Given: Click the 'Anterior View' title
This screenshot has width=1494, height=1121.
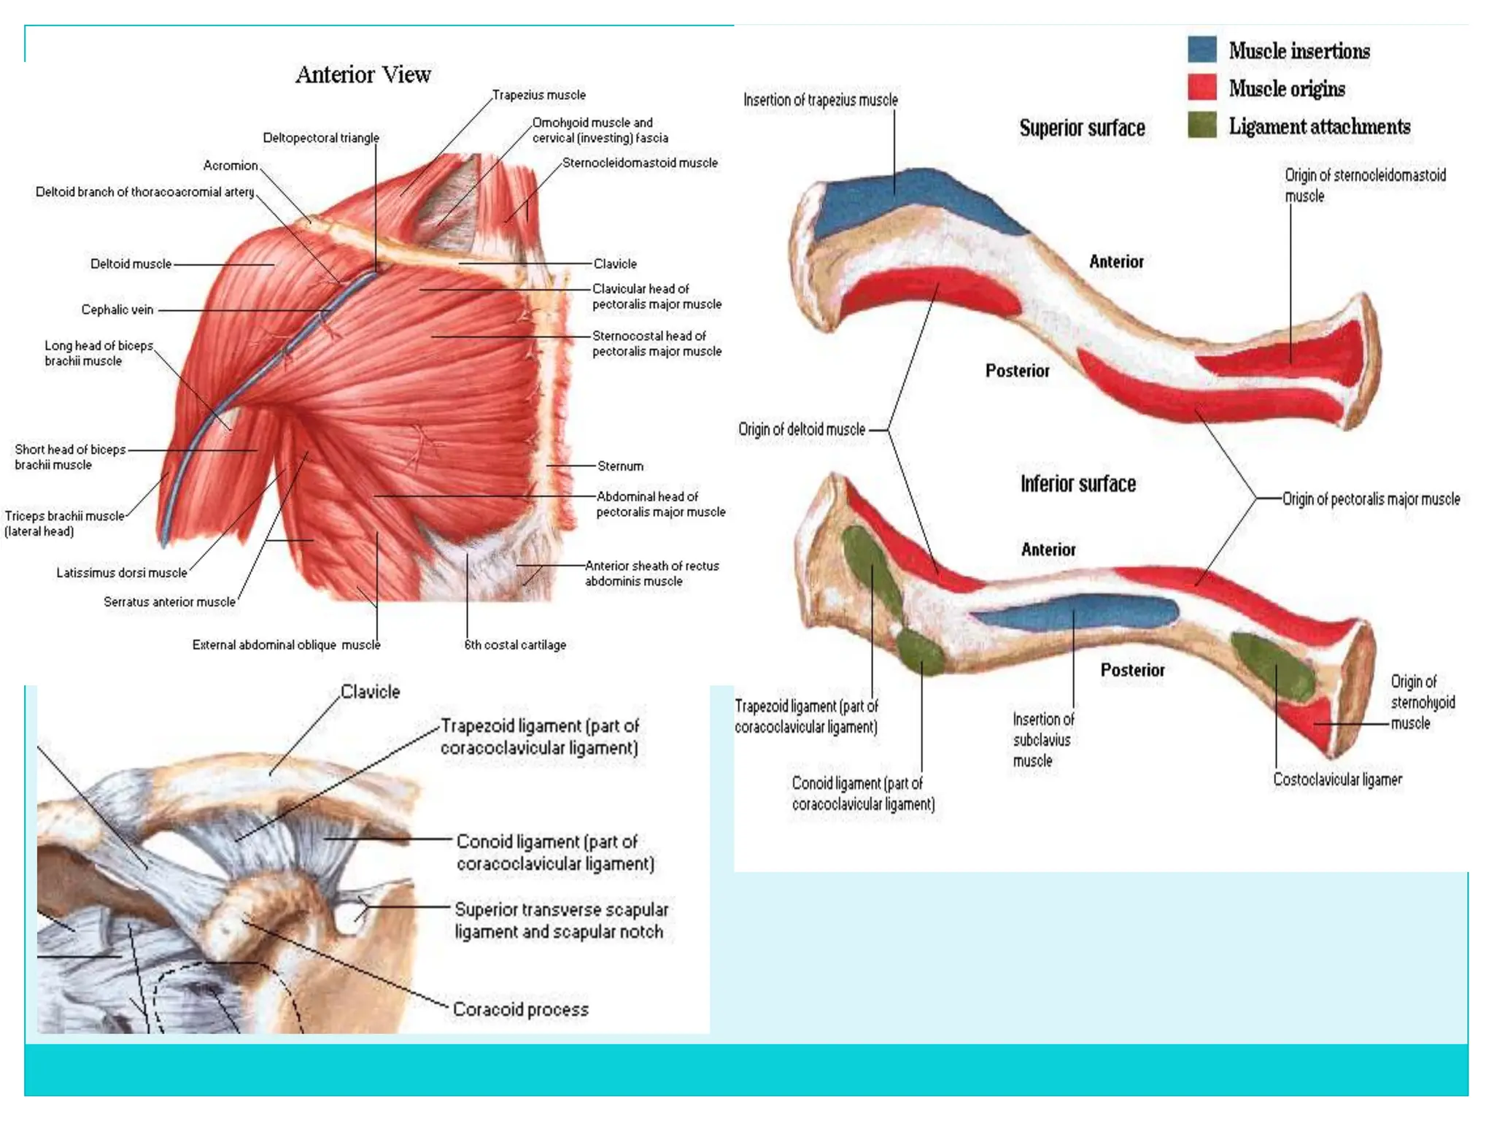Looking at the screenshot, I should pyautogui.click(x=363, y=74).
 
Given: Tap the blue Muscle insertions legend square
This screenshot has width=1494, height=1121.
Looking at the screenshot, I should pyautogui.click(x=1201, y=50).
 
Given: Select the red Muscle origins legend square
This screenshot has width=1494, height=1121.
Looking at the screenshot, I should pyautogui.click(x=1201, y=88).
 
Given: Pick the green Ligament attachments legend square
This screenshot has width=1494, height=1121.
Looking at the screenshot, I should pyautogui.click(x=1201, y=126).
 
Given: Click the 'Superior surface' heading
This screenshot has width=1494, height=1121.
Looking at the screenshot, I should pyautogui.click(x=1082, y=128).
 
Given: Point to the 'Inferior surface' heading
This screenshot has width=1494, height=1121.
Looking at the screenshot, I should pyautogui.click(x=1077, y=484).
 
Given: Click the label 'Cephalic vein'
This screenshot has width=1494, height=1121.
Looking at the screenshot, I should pyautogui.click(x=117, y=309).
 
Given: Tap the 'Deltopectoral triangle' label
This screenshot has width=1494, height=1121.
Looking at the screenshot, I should pyautogui.click(x=321, y=138).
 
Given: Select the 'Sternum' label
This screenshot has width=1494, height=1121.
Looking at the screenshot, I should pyautogui.click(x=620, y=466).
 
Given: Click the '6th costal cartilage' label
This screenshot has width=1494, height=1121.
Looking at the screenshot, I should pyautogui.click(x=515, y=644).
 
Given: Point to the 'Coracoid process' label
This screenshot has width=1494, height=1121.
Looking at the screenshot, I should pyautogui.click(x=520, y=1009).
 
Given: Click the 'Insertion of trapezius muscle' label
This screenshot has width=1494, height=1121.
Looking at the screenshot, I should pyautogui.click(x=820, y=100).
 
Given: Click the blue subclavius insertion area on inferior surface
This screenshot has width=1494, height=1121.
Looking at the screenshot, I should pyautogui.click(x=1072, y=612).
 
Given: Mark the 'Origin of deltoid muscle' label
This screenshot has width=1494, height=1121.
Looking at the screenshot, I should pyautogui.click(x=801, y=429).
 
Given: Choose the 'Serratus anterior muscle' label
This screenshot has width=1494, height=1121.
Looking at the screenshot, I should pyautogui.click(x=169, y=602).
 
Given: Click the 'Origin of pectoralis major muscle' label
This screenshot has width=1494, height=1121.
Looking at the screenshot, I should pyautogui.click(x=1371, y=499).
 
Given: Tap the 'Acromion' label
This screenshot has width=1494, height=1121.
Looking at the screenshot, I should pyautogui.click(x=231, y=166).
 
